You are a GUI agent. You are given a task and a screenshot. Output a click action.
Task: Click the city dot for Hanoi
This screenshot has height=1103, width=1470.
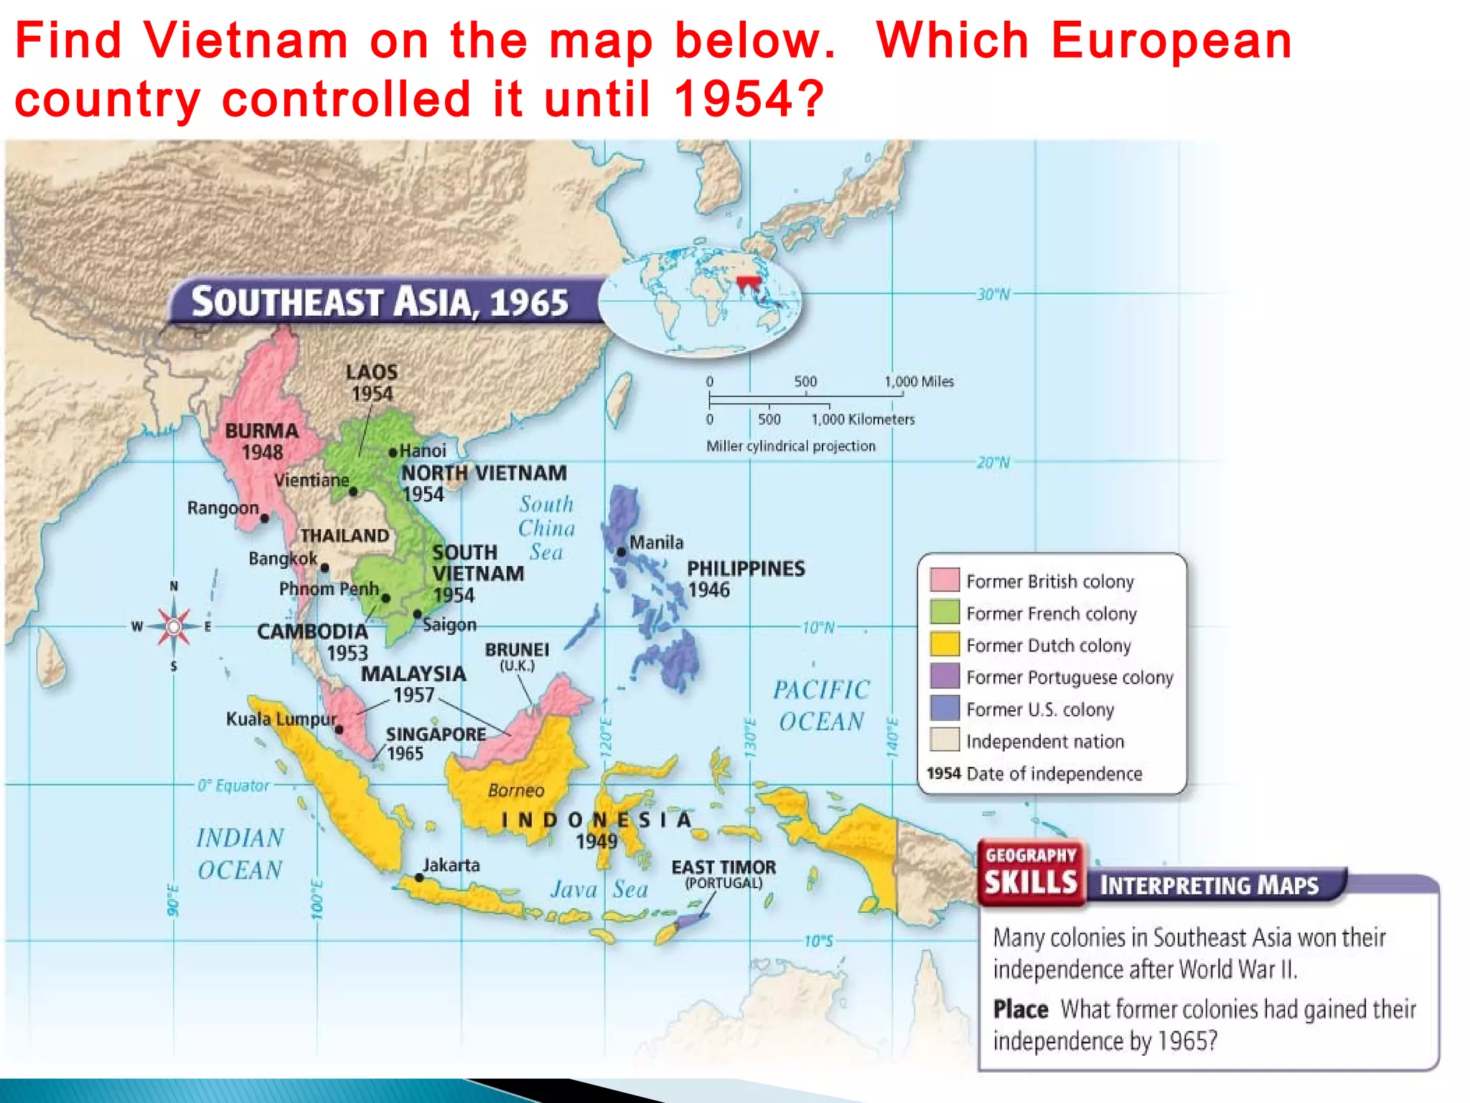(393, 452)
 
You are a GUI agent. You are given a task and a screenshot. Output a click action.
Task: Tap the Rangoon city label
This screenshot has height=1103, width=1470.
(223, 508)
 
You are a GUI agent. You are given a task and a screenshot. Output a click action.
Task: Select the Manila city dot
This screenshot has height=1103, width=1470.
(621, 551)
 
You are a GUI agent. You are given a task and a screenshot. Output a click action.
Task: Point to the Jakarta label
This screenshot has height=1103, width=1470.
(451, 865)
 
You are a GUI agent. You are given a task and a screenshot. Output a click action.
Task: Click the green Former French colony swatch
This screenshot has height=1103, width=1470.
(945, 612)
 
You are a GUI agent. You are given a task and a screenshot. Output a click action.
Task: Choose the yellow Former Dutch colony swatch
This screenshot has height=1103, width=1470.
(945, 644)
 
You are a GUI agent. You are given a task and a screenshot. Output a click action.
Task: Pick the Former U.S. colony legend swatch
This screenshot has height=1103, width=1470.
(945, 708)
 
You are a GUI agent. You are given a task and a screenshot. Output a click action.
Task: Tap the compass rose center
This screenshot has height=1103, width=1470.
(173, 626)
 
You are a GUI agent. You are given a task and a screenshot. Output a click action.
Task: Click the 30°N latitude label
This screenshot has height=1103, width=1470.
(993, 294)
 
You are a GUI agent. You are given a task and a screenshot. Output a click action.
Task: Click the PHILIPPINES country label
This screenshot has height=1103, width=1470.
(746, 569)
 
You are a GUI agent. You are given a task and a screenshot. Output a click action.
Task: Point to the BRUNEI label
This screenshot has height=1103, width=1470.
(517, 650)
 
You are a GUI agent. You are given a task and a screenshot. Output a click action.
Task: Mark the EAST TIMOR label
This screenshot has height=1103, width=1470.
(724, 867)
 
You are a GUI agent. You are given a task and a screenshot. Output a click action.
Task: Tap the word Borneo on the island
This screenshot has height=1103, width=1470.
(516, 791)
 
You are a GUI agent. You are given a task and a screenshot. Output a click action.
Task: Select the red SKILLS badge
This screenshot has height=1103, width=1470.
(1031, 872)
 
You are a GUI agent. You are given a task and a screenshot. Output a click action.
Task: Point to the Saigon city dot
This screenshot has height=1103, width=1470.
(418, 614)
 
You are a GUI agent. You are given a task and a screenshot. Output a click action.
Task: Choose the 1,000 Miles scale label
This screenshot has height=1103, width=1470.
(919, 381)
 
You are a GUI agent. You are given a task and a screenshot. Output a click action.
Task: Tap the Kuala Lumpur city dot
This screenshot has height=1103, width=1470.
(339, 730)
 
